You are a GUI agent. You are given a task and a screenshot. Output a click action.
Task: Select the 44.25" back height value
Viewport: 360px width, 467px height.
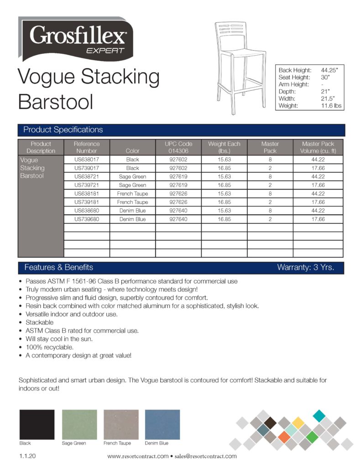(x=329, y=70)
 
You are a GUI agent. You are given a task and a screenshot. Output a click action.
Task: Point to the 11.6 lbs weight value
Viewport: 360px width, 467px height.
(x=331, y=105)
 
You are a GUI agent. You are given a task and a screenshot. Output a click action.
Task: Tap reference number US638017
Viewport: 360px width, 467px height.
(x=87, y=160)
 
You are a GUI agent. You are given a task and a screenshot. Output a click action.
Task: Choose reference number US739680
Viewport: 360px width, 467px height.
(x=87, y=219)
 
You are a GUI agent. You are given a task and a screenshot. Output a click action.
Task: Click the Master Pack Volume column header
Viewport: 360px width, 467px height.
(x=318, y=147)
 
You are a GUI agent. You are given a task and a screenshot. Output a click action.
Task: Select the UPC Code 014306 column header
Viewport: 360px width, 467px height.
(x=178, y=147)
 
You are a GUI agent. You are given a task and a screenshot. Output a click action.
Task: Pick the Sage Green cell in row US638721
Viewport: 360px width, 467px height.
(x=132, y=176)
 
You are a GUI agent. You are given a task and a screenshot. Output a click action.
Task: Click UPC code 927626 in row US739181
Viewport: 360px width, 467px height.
(x=178, y=202)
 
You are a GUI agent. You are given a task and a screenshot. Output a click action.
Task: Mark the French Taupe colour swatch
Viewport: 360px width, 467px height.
(x=121, y=424)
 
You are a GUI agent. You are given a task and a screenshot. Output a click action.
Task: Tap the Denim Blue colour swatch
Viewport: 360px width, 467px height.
(x=162, y=424)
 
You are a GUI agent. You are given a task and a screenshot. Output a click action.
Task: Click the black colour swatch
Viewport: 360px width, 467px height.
(x=37, y=424)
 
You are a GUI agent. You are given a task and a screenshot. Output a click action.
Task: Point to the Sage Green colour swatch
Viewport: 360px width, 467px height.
(x=79, y=424)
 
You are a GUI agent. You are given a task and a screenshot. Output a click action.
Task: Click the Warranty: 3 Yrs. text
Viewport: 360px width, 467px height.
(x=305, y=268)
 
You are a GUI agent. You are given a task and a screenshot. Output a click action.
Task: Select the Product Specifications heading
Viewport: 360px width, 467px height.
(x=63, y=130)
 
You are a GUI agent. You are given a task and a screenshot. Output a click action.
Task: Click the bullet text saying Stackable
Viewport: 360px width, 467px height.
(x=40, y=322)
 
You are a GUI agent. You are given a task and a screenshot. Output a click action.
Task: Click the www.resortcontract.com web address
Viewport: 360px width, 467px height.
(x=138, y=456)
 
